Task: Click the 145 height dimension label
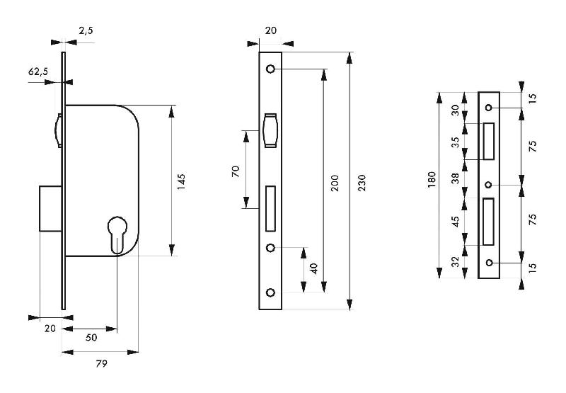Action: (x=181, y=181)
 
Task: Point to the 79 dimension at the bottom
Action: (x=100, y=364)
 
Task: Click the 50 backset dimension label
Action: (x=91, y=338)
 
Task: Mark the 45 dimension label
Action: (x=456, y=220)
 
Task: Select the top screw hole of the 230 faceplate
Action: (x=270, y=69)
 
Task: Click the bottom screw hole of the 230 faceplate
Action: (x=270, y=292)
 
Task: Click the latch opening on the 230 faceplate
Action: (x=270, y=131)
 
